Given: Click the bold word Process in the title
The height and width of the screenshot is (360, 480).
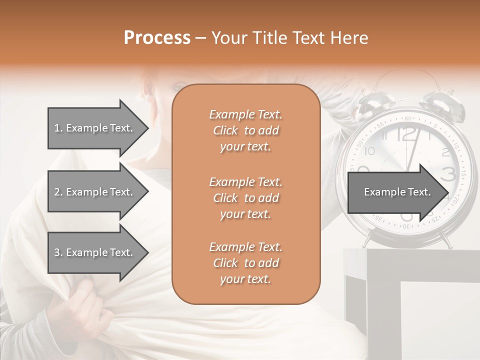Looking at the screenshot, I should (157, 38).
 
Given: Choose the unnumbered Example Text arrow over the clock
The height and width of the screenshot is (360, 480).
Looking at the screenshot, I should (398, 192).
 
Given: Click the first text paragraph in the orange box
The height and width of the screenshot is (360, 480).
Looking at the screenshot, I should (245, 130).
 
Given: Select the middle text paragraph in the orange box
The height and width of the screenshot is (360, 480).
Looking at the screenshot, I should (245, 198).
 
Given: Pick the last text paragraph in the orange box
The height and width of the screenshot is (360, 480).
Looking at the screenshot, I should (245, 263).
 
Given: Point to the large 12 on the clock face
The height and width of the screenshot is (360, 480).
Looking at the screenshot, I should (407, 133).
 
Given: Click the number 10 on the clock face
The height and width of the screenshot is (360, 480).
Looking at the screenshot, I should (369, 150).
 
